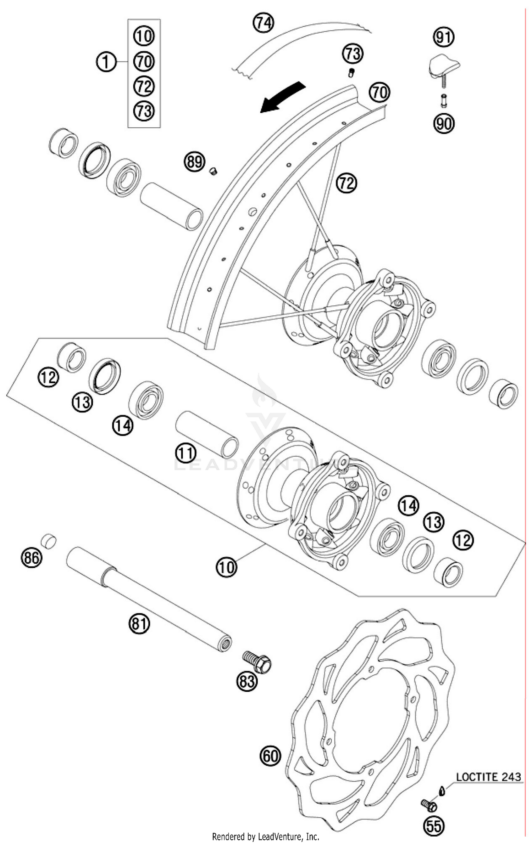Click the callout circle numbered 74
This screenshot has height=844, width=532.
(x=263, y=23)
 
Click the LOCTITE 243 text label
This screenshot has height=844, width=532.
(x=488, y=777)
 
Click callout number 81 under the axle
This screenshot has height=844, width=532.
(x=139, y=623)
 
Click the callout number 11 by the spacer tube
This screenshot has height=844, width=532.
(x=186, y=453)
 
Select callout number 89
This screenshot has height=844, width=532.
(x=194, y=162)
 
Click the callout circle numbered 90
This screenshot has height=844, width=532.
(x=444, y=124)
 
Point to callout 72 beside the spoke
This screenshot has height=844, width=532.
(x=347, y=183)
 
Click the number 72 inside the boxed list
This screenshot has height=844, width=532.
(x=144, y=86)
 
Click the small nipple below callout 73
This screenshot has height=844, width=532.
(x=351, y=73)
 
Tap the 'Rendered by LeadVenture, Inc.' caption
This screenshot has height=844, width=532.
(x=266, y=837)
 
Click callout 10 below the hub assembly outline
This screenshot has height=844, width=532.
(x=226, y=567)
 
